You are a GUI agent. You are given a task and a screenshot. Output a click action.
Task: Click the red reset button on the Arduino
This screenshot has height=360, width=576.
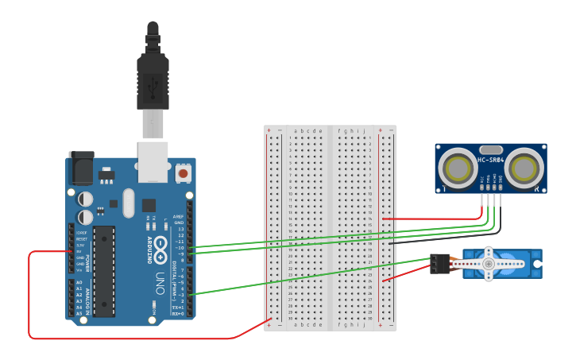[184, 172]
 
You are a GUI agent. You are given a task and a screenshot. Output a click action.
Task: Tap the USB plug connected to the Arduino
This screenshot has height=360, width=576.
[153, 79]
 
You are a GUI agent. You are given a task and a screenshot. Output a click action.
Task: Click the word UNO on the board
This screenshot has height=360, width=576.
[159, 281]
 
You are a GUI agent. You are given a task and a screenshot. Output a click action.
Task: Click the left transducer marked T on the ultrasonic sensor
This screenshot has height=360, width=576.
[458, 168]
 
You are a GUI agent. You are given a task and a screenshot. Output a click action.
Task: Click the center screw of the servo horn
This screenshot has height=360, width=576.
[488, 263]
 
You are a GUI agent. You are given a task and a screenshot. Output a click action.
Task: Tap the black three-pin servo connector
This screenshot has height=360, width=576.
[439, 263]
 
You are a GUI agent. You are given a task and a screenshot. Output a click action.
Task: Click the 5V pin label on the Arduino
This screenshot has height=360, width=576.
[80, 252]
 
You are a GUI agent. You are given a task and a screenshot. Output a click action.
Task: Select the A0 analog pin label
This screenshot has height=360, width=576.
[79, 283]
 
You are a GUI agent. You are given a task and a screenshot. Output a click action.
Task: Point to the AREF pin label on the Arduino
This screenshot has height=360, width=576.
[179, 216]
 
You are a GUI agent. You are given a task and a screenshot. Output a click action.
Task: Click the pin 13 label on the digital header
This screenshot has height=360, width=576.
[181, 229]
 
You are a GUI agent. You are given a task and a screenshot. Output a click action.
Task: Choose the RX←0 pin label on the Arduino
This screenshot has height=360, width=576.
[178, 313]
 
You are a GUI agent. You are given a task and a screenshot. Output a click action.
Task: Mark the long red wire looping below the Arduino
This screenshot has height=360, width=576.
[119, 339]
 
